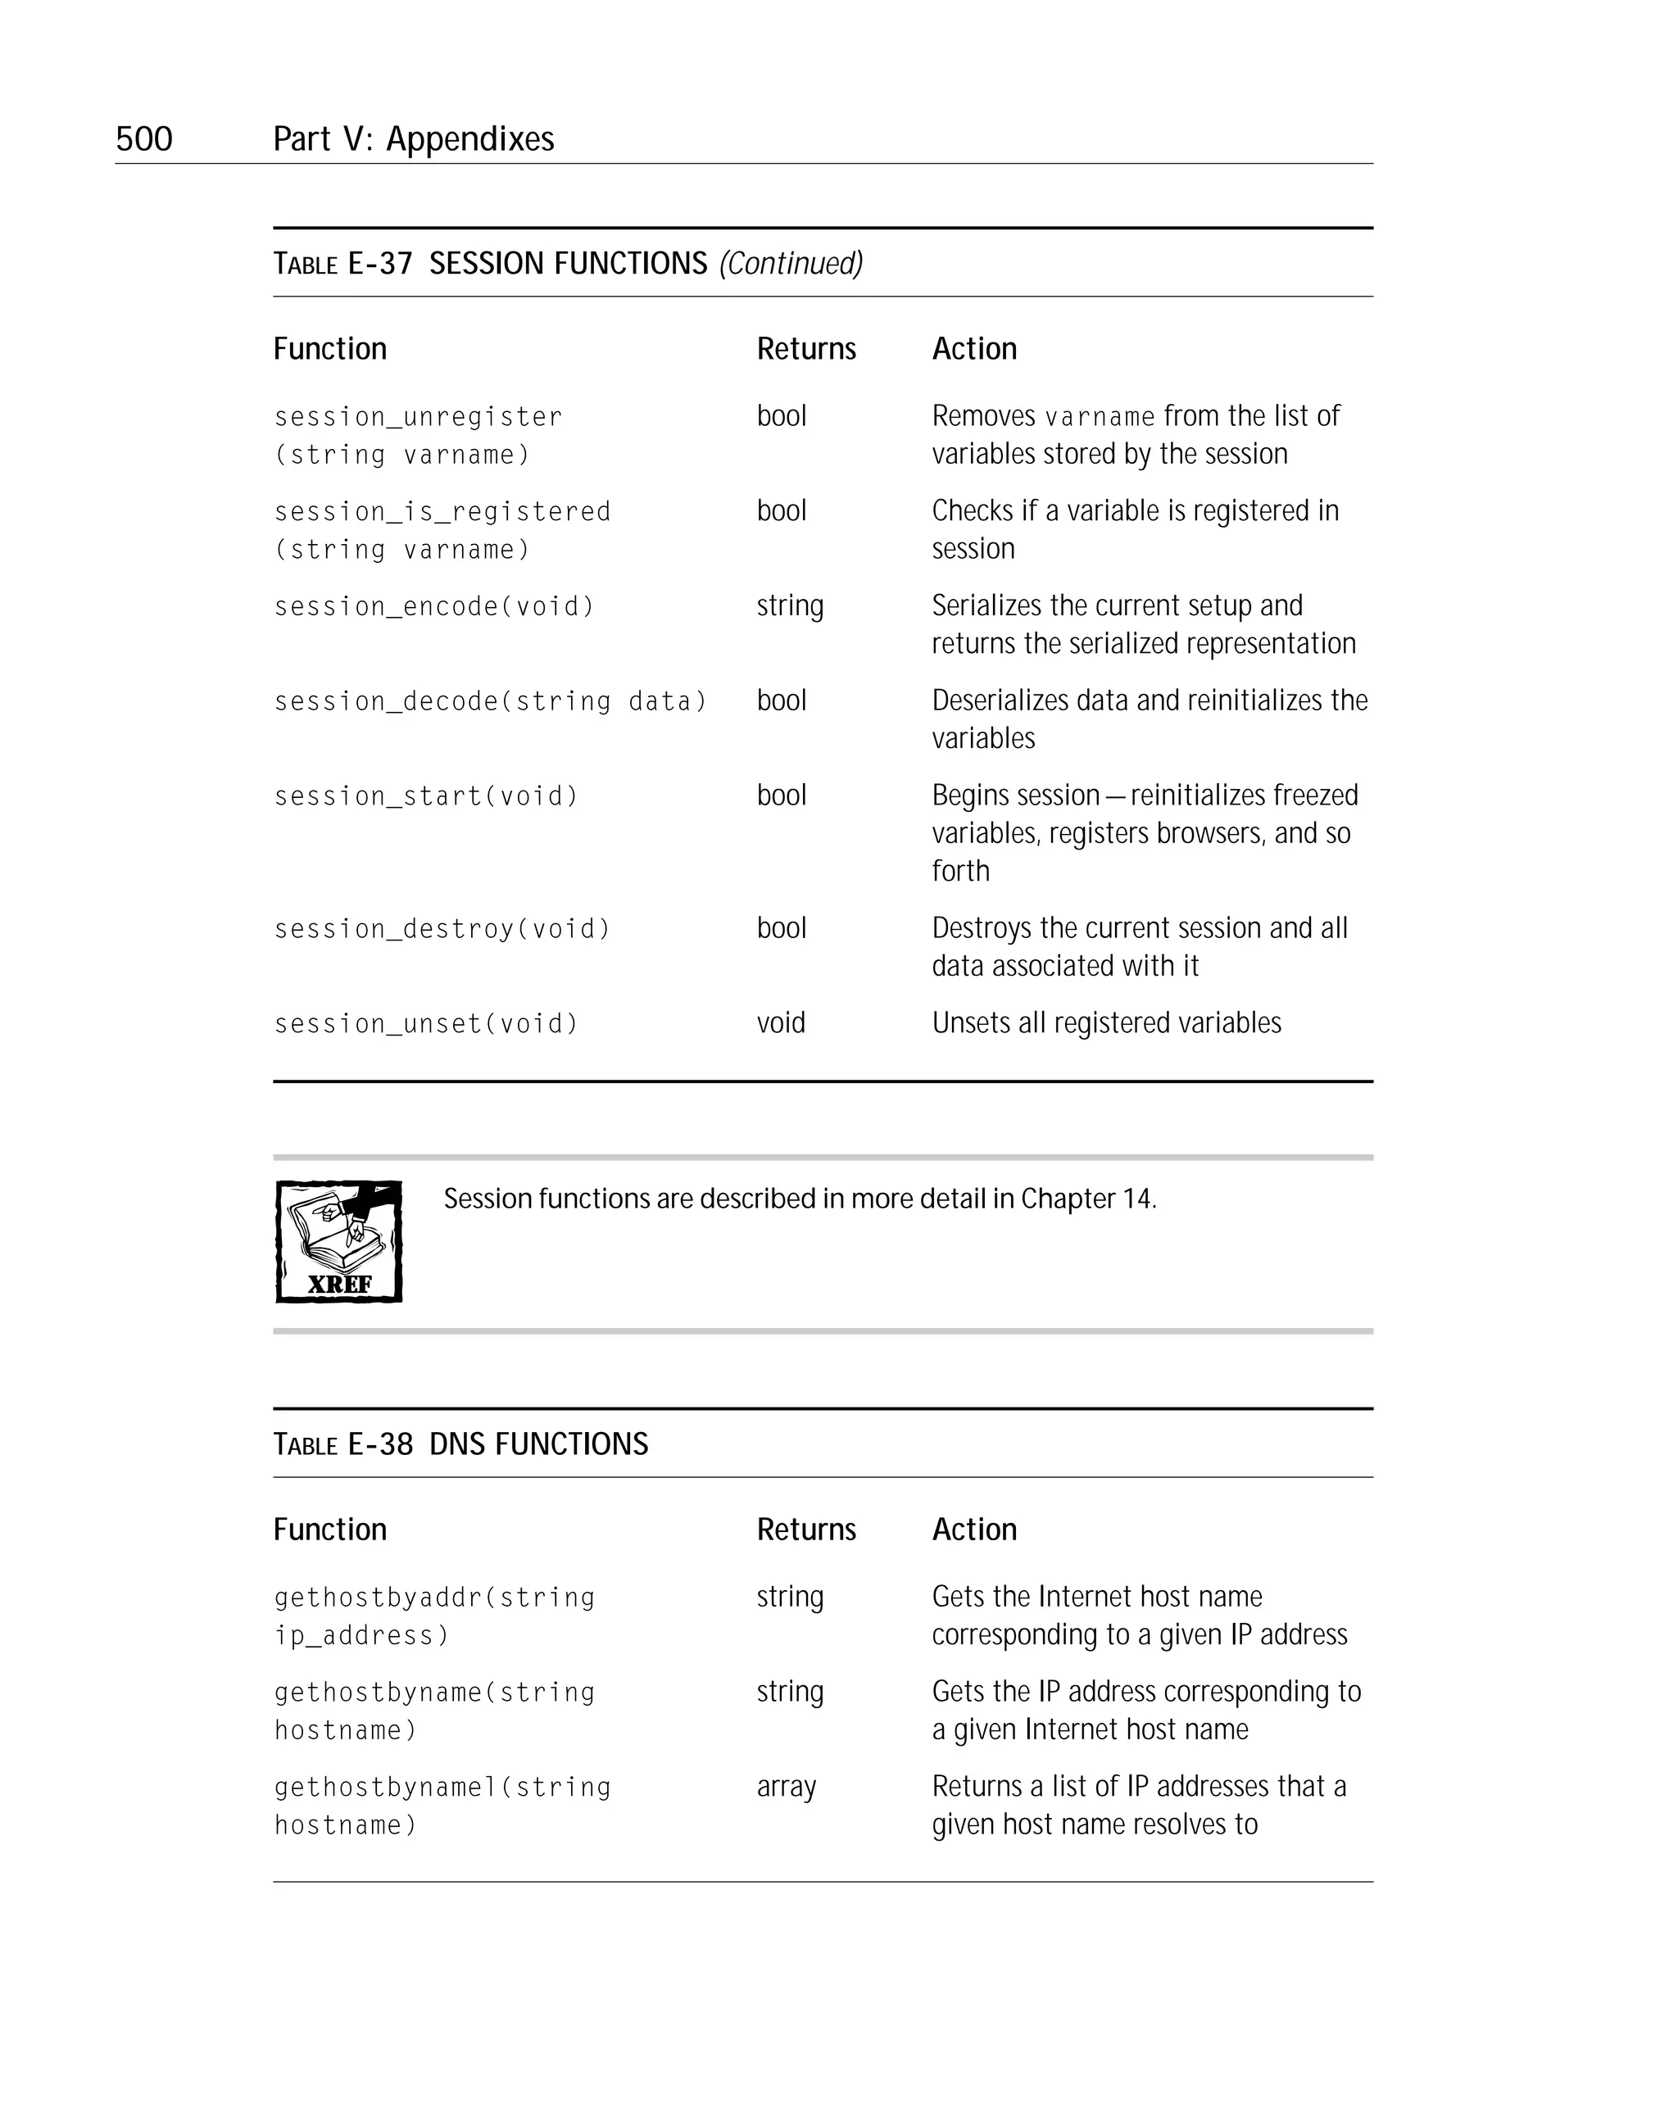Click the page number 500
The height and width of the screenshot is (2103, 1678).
[x=143, y=138]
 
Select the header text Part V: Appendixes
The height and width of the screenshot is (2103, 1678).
[x=413, y=138]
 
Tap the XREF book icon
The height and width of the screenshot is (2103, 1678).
[x=338, y=1242]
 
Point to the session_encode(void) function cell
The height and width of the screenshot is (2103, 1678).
[x=434, y=607]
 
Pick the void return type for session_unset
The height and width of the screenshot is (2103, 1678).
[x=781, y=1022]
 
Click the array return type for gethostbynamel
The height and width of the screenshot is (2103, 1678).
[x=786, y=1786]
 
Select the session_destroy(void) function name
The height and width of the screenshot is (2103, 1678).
[x=442, y=928]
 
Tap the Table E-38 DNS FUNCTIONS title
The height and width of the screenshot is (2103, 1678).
[x=460, y=1444]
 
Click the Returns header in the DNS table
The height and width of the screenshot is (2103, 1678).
[x=806, y=1529]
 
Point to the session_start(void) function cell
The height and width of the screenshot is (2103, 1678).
[x=426, y=796]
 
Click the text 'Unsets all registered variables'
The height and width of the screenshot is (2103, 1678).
[x=1106, y=1022]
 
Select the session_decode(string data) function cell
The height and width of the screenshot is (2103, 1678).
[x=490, y=701]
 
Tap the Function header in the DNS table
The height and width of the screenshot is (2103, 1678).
[x=329, y=1529]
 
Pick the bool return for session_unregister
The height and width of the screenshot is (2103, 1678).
[x=782, y=415]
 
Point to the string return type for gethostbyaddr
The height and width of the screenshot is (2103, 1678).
[x=789, y=1597]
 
